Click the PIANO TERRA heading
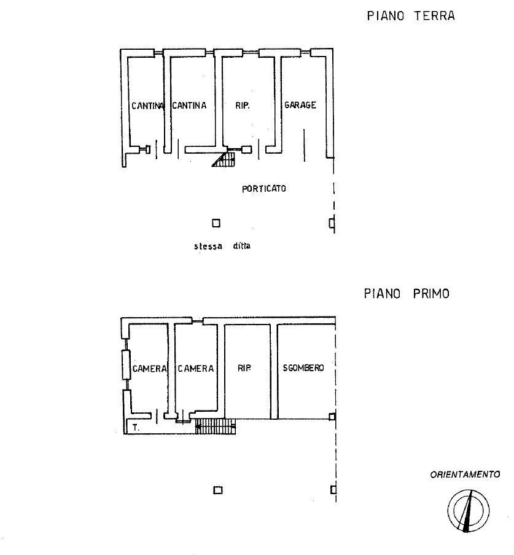(x=411, y=16)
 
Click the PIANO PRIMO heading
(x=407, y=293)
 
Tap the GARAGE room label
(x=300, y=104)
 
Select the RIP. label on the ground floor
(x=243, y=106)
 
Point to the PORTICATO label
(x=264, y=189)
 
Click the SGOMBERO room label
(x=303, y=368)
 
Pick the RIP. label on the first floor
(x=244, y=368)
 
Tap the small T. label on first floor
(x=136, y=427)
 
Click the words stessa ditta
(x=222, y=246)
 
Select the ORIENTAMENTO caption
(x=465, y=474)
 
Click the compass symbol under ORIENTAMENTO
(x=469, y=510)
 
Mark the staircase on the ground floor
(x=224, y=159)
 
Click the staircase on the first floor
(x=216, y=426)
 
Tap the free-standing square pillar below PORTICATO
(x=216, y=223)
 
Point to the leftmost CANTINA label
(x=147, y=106)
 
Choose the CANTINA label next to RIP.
(x=189, y=105)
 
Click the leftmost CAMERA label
(x=149, y=369)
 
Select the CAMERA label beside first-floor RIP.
(x=196, y=369)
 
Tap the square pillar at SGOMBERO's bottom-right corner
(x=332, y=417)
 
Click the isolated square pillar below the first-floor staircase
(x=218, y=490)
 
